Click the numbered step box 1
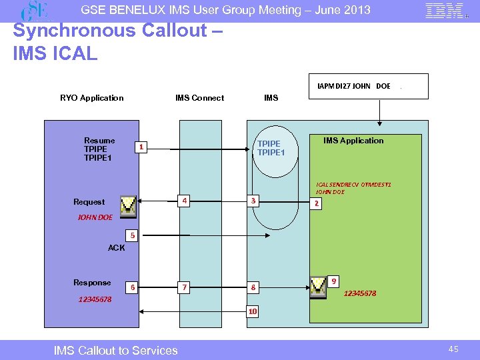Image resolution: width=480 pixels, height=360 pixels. click(x=141, y=147)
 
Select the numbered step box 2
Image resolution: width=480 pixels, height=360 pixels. click(x=317, y=203)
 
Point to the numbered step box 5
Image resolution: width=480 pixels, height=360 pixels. click(x=133, y=235)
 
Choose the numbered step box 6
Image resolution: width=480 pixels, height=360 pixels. click(x=133, y=287)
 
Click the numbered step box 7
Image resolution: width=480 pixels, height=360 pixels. click(x=185, y=287)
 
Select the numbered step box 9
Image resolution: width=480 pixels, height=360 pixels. click(x=334, y=281)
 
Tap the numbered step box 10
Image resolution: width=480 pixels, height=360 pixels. click(x=253, y=311)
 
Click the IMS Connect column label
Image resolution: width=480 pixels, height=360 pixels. click(x=199, y=98)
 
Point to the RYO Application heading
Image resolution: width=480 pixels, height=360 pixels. click(x=92, y=98)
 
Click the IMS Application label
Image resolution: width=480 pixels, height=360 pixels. click(x=353, y=141)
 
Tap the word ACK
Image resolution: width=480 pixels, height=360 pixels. click(x=116, y=248)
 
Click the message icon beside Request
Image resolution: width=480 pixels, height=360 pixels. click(x=128, y=206)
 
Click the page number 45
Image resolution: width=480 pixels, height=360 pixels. click(x=453, y=349)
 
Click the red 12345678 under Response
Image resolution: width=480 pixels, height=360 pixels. click(x=95, y=299)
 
